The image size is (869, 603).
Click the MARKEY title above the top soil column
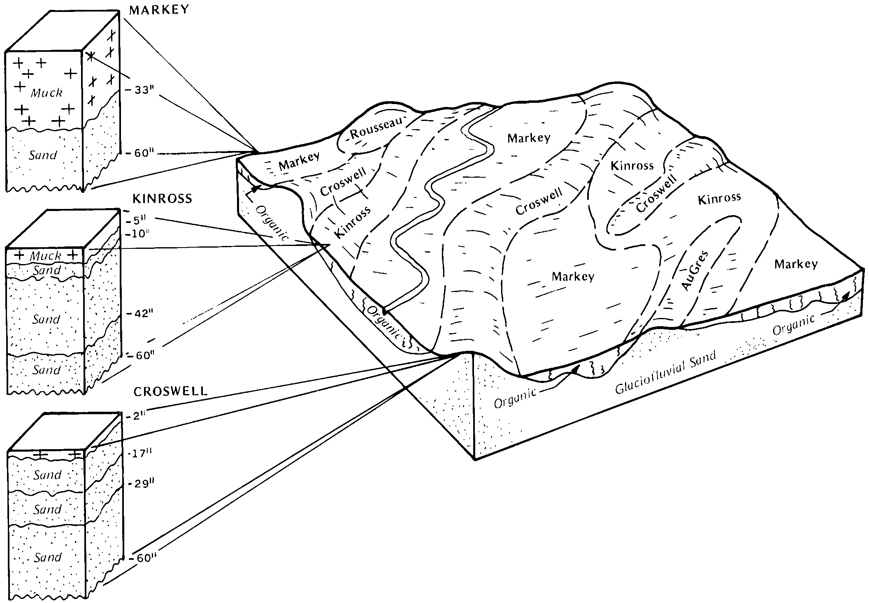[159, 10]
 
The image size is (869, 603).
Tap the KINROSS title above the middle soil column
[162, 199]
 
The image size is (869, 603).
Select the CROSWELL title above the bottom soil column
[170, 391]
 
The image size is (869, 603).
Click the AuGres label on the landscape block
[695, 270]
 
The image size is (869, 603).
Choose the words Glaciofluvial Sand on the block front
[665, 373]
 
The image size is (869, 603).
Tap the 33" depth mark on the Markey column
[141, 90]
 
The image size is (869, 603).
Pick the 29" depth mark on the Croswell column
[141, 484]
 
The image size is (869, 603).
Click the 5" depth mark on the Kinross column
[138, 219]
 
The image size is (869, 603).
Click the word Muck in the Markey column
[46, 93]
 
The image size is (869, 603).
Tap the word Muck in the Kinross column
[45, 256]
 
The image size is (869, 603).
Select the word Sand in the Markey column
[43, 155]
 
